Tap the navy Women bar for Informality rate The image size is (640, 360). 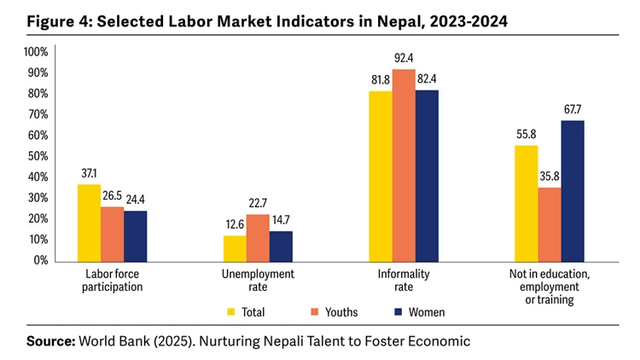427,175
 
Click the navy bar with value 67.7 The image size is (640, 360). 573,190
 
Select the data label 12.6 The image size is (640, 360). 234,225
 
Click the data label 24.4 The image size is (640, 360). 136,200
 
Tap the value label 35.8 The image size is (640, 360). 550,177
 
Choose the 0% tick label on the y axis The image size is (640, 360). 40,260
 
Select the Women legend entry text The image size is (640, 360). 426,312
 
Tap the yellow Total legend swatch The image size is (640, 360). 231,312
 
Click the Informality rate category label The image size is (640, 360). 404,281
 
